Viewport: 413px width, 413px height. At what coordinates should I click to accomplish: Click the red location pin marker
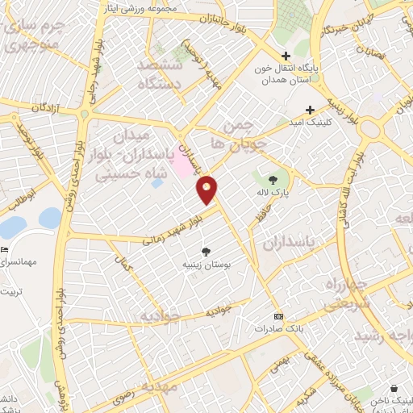207,189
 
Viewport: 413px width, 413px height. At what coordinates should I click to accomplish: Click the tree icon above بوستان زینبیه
206,251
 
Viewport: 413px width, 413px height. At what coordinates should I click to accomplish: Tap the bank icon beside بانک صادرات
278,316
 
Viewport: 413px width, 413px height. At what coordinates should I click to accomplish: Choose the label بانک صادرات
254,329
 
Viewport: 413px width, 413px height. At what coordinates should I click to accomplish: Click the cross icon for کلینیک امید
309,110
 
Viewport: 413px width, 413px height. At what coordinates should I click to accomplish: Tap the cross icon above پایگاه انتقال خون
285,56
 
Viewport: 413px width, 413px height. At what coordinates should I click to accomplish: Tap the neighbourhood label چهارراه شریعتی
348,296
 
